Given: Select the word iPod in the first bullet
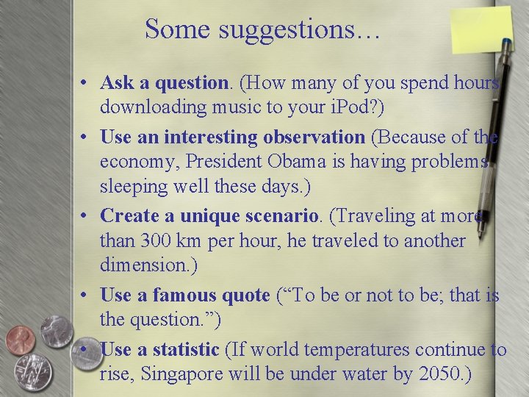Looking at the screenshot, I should click(x=350, y=107).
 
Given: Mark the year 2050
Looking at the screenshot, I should click(x=439, y=373).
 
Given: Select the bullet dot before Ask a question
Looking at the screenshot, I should click(x=86, y=82).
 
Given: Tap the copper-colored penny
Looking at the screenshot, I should click(x=20, y=340).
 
